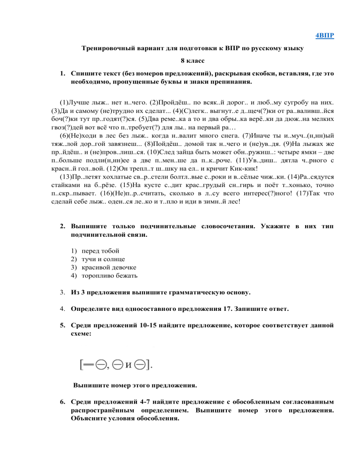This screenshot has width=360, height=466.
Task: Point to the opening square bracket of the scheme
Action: pos(81,363)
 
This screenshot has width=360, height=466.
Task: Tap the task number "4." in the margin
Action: pos(62,309)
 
